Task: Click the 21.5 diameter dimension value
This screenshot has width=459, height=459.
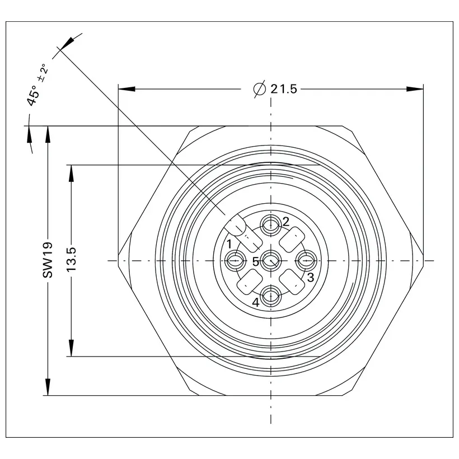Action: click(x=283, y=88)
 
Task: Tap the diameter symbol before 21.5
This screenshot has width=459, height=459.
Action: click(x=260, y=88)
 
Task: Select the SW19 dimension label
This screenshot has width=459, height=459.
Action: click(x=48, y=260)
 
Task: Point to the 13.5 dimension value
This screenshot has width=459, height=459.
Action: click(x=71, y=259)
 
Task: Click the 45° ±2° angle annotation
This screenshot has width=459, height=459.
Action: click(x=37, y=85)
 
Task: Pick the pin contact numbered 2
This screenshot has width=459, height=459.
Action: click(x=271, y=225)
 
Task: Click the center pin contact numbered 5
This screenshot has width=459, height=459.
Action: click(x=271, y=260)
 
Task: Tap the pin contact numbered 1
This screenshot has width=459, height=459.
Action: click(x=236, y=260)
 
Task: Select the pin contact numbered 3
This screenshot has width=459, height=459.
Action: click(x=306, y=260)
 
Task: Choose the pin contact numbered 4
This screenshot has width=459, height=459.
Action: click(x=271, y=297)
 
